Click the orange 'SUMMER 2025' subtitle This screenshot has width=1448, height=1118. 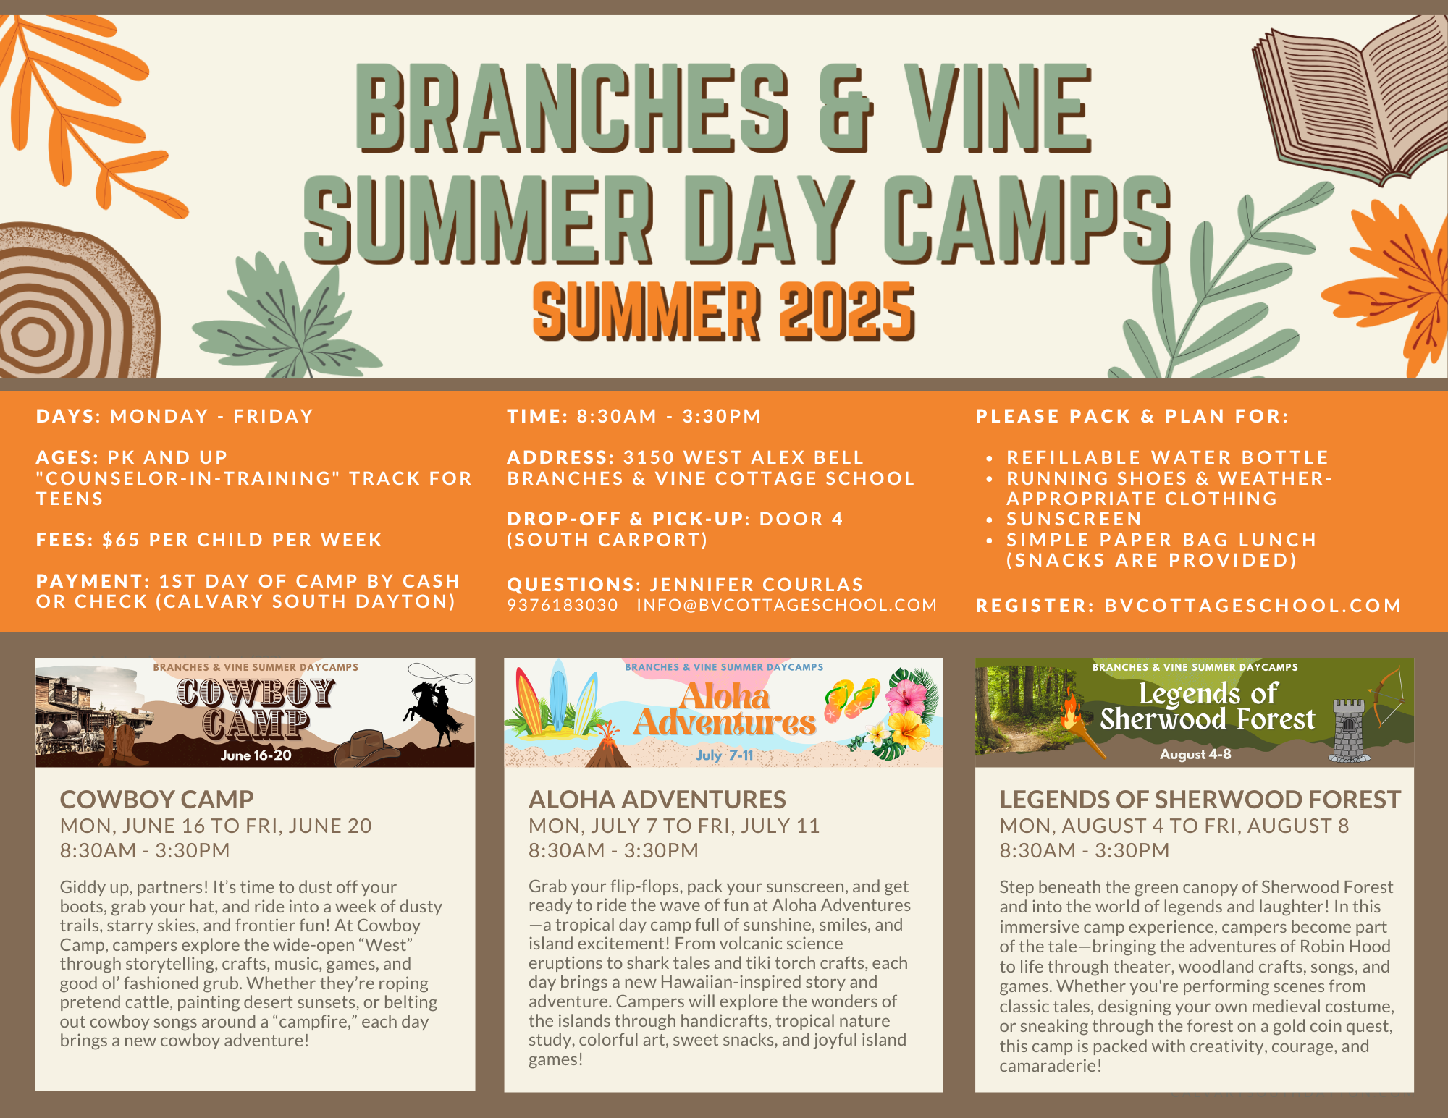coord(724,311)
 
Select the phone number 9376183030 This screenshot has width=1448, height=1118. coord(563,605)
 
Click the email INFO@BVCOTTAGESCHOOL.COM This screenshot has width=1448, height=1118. coord(787,605)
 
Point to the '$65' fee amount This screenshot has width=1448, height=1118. coord(121,540)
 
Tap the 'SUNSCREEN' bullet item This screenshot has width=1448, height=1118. coord(1074,519)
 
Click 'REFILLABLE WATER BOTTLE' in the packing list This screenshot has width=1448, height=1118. coord(1167,457)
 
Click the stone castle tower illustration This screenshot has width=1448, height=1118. coord(1348,731)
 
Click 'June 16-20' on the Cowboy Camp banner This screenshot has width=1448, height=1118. coord(256,755)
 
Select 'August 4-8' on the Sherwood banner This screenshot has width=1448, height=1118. coord(1195,754)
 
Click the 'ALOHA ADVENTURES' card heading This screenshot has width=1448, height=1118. coord(657,800)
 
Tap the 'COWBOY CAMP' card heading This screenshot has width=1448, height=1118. coord(157,800)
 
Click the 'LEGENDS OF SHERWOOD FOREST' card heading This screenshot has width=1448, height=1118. coord(1200,800)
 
